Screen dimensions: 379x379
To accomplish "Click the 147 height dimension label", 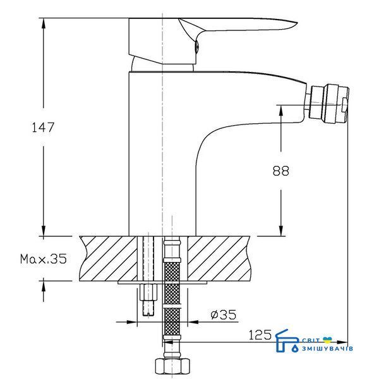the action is (x=43, y=128).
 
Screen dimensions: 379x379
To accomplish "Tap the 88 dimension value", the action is (x=280, y=171).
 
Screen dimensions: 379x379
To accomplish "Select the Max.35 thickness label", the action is (x=43, y=259).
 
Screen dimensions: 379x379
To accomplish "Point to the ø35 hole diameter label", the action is (x=224, y=315).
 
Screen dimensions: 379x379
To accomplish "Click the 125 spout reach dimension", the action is (x=260, y=335).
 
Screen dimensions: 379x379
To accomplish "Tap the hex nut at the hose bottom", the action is (x=172, y=367).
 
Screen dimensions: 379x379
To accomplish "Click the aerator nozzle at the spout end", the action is (x=328, y=104).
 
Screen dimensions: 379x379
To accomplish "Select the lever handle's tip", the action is (x=297, y=23).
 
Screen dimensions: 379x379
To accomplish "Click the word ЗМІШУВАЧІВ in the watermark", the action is (x=327, y=348).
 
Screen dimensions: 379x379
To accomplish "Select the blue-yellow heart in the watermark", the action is (x=327, y=340).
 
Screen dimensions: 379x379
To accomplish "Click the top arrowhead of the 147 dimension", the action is (x=44, y=23).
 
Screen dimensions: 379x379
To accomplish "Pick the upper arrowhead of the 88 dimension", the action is (x=281, y=111).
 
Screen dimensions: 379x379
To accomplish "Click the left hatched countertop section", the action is (x=108, y=258).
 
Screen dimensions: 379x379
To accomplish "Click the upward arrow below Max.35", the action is (x=44, y=289).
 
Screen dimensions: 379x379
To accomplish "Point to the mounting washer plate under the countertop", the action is (x=162, y=282).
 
